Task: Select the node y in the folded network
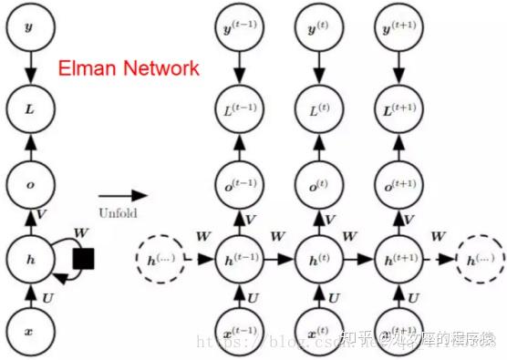pyautogui.click(x=28, y=27)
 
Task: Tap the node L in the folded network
pyautogui.click(x=28, y=108)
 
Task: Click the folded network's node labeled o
pyautogui.click(x=28, y=185)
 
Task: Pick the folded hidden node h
pyautogui.click(x=28, y=259)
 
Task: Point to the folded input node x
pyautogui.click(x=28, y=333)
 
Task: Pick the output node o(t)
pyautogui.click(x=319, y=185)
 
